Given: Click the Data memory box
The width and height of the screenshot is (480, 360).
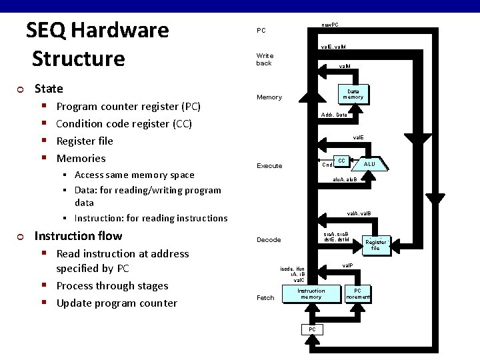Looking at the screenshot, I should pos(353,94).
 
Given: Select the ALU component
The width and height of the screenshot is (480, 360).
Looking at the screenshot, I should pos(369,164).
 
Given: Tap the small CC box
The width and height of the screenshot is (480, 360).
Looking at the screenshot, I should pos(341,161).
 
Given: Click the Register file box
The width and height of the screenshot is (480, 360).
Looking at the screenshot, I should pos(375,245).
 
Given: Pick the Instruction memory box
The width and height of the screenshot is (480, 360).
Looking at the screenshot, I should pos(311,293).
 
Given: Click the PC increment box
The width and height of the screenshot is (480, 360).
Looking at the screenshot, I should pos(357,293).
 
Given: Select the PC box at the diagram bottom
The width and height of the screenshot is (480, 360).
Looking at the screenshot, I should pos(311,330).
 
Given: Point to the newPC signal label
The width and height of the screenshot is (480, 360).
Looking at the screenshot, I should pos(329,25).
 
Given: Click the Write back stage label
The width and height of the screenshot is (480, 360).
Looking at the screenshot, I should pos(265,59).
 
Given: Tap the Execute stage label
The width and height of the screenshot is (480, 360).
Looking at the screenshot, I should pos(269,166).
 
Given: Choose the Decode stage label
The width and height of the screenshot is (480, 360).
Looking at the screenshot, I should pos(269,240).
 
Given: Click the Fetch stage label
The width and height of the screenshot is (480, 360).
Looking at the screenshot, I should pos(265,298).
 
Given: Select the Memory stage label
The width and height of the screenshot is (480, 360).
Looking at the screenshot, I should pos(269,97).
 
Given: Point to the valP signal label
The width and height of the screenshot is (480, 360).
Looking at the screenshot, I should pos(347,266).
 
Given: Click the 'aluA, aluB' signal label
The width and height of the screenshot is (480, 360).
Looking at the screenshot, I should pos(345,179).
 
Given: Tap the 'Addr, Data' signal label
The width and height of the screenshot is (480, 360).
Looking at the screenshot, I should pos(333,115).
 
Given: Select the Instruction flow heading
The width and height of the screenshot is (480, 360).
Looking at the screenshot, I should pos(78,236).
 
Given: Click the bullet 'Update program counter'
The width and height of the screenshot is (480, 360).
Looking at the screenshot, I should pos(117,303).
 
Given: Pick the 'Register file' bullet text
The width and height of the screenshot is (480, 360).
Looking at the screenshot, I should pos(85,141).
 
